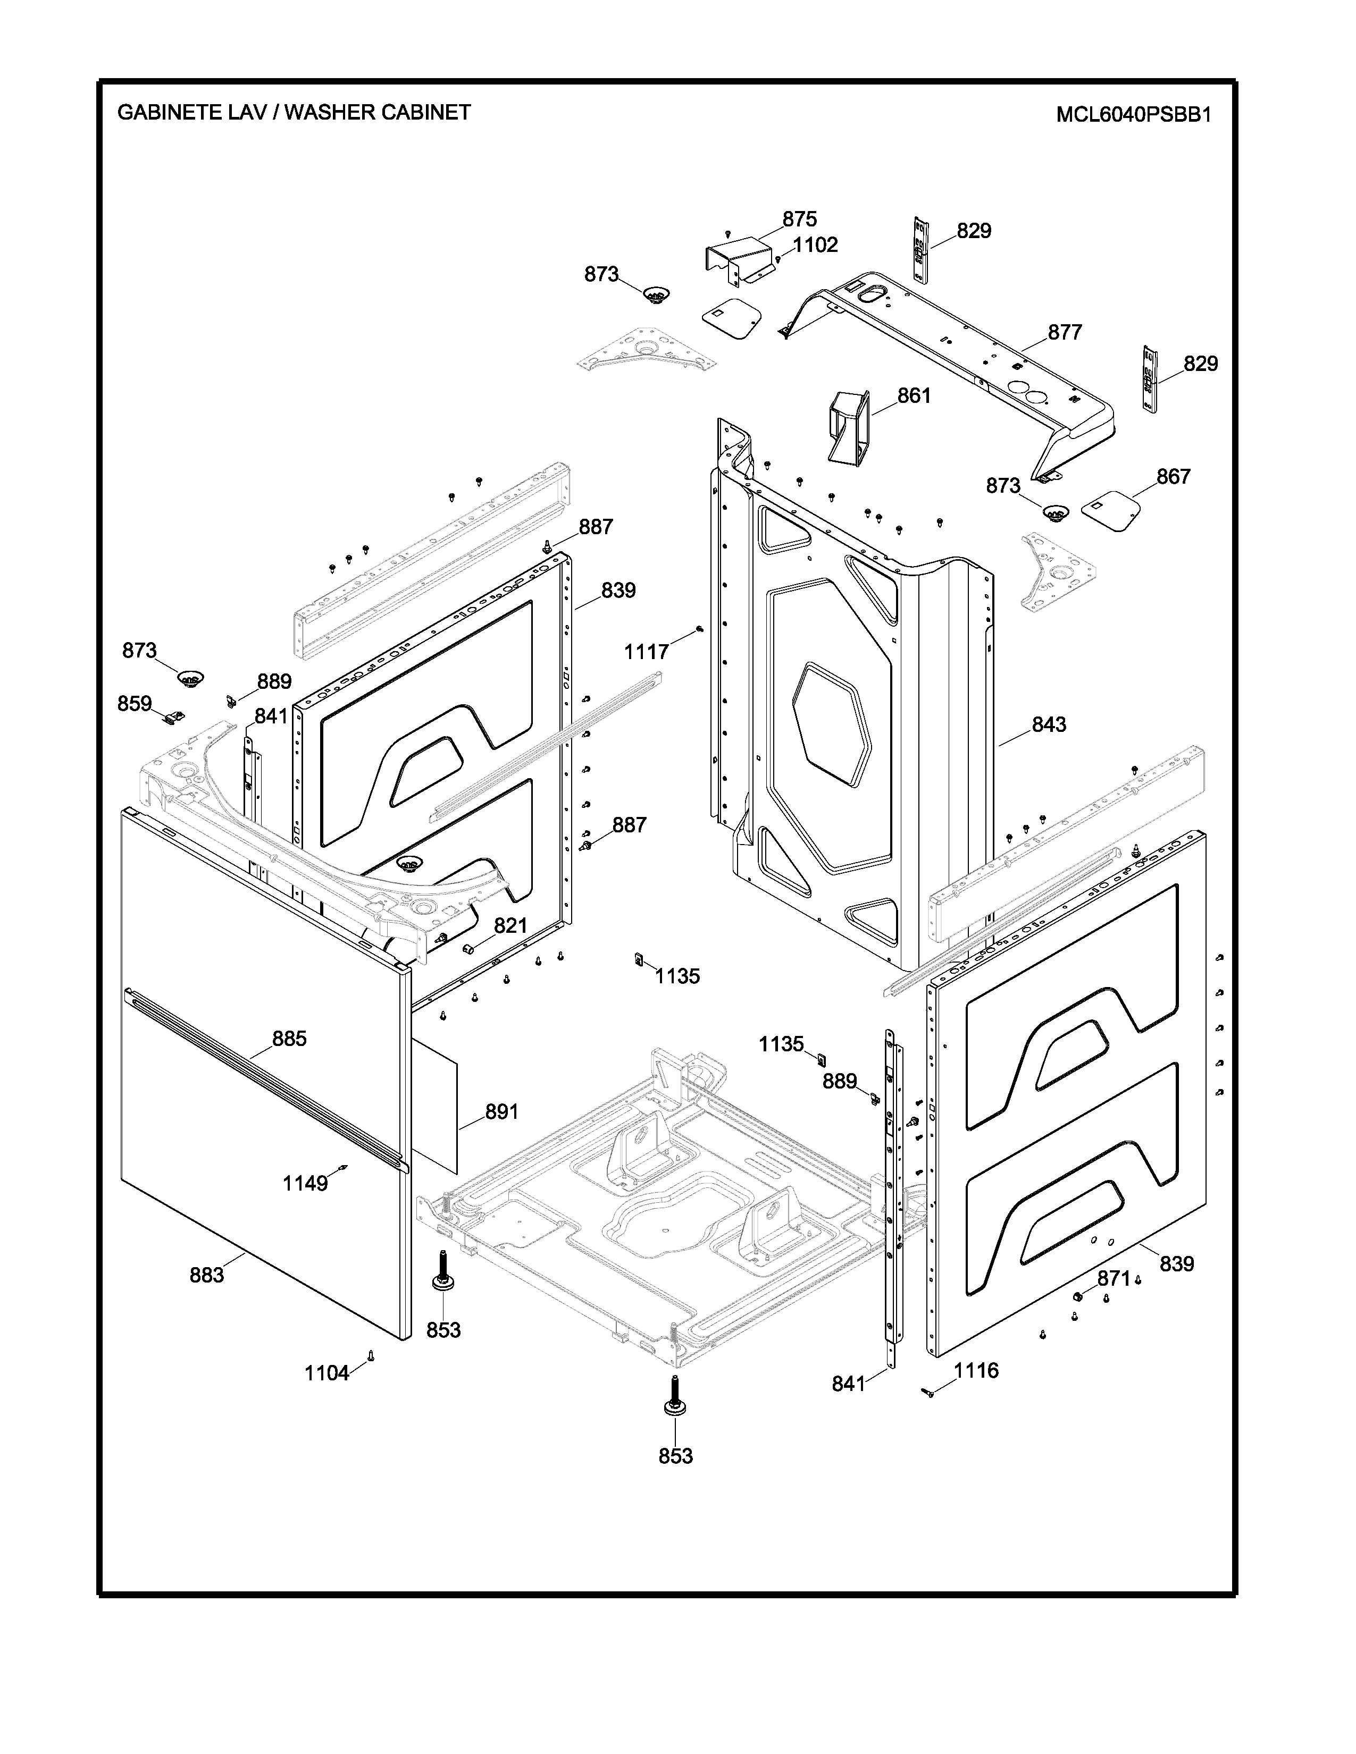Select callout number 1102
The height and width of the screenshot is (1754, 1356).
pos(815,245)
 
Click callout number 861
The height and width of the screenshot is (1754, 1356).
pos(914,396)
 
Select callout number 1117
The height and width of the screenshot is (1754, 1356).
pos(647,652)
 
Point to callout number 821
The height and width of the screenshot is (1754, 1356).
pos(510,926)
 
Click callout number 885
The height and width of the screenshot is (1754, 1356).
pos(289,1039)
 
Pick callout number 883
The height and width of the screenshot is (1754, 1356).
pos(206,1275)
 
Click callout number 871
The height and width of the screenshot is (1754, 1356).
pos(1114,1278)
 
